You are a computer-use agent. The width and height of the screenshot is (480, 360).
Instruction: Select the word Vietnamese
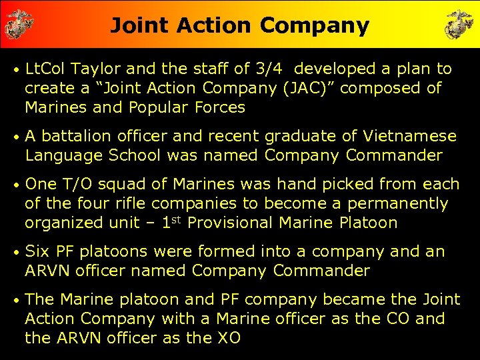click(x=410, y=137)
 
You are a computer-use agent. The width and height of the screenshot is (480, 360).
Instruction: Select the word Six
click(x=38, y=252)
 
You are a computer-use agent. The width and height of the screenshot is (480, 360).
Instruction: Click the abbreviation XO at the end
click(x=227, y=339)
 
